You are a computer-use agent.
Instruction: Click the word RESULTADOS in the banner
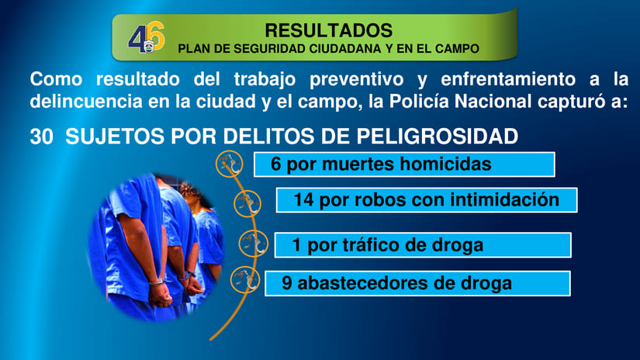click(x=328, y=30)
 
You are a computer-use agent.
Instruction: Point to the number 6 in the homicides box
click(x=276, y=164)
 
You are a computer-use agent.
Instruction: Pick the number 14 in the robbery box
click(x=303, y=199)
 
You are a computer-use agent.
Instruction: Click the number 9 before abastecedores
click(x=287, y=283)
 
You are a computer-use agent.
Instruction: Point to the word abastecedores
click(x=364, y=283)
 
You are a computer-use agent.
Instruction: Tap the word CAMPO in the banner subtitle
click(x=457, y=48)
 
